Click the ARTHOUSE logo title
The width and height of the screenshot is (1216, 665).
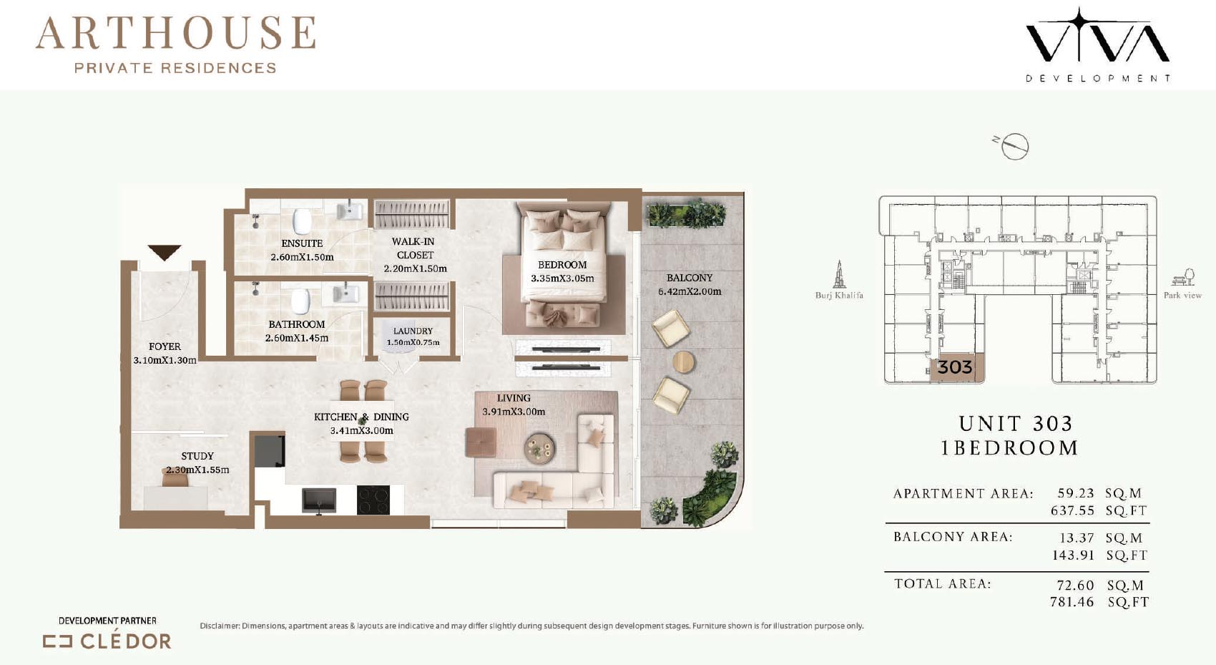(175, 33)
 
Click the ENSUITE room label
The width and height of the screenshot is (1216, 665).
(302, 243)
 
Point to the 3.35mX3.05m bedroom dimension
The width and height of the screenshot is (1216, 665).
(562, 278)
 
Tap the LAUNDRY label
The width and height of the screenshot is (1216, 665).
(413, 331)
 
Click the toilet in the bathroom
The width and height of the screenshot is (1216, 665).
(300, 301)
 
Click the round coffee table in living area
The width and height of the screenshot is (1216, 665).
(539, 448)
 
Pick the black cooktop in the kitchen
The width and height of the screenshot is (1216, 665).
(373, 500)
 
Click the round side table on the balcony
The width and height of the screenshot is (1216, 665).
(683, 361)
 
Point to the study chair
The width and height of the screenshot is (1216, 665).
(175, 477)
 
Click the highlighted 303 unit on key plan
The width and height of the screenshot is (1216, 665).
(955, 368)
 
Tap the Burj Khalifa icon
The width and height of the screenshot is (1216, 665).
(839, 274)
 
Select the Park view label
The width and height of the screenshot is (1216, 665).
(1183, 295)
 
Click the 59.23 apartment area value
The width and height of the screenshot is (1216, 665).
(1075, 492)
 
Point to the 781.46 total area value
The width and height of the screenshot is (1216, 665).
(1072, 601)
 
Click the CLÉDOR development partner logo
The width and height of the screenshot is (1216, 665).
(107, 641)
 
